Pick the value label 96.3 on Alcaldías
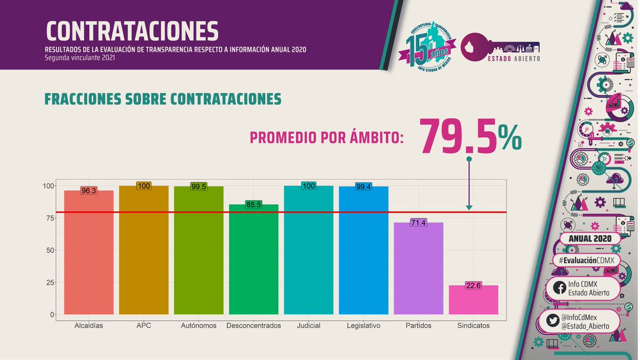coord(89,190)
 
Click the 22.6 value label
coord(473,285)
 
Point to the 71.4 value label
coord(418,222)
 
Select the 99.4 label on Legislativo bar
coord(363,187)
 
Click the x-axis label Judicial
coord(308,325)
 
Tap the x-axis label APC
coord(143,325)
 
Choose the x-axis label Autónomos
coord(198,325)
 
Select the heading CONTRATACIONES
coord(132,31)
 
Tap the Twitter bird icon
coord(553,322)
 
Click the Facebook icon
coord(559,288)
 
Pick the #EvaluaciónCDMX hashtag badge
coord(585,260)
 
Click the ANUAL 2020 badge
coord(587,239)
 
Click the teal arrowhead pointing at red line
coord(469,207)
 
